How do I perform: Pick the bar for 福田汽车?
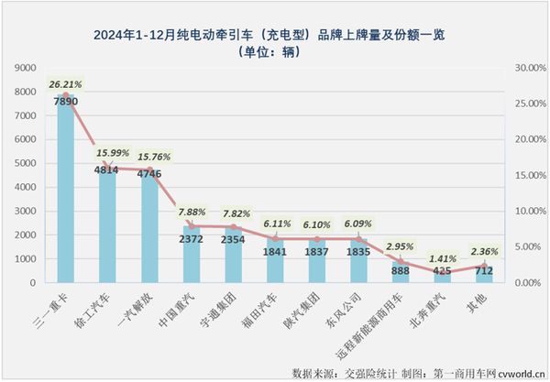coord(276,262)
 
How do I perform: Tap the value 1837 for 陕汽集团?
coord(318,252)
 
